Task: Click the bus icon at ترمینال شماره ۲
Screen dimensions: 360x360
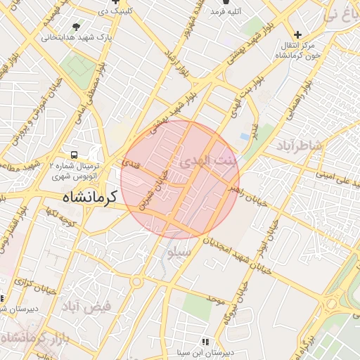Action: [x=74, y=155]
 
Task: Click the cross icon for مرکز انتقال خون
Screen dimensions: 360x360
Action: [x=298, y=34]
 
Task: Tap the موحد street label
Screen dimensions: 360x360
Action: [x=214, y=300]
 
